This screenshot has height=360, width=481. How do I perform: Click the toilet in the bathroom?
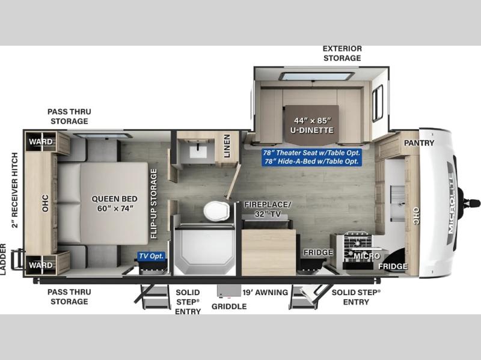click(x=216, y=211)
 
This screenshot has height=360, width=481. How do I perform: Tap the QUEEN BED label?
click(x=114, y=199)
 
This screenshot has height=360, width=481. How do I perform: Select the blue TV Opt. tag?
click(x=152, y=256)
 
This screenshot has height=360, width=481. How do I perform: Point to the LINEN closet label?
click(x=227, y=146)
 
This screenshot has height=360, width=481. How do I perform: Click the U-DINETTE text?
click(x=312, y=130)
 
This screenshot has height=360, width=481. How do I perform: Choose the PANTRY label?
click(x=419, y=143)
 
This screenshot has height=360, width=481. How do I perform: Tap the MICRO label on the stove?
click(x=367, y=256)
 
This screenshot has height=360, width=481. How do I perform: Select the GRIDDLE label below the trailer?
click(x=229, y=307)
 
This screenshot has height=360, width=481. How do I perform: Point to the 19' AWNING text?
click(x=265, y=293)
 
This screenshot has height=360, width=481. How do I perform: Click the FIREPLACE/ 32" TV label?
click(x=268, y=209)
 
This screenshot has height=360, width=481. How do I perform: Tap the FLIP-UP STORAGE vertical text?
click(x=154, y=204)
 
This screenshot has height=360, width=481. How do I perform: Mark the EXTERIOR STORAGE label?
click(x=342, y=53)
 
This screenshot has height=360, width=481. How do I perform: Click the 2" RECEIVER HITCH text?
click(x=14, y=190)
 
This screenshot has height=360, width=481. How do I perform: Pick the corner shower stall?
click(x=204, y=251)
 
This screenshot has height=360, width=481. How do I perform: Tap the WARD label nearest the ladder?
click(x=41, y=265)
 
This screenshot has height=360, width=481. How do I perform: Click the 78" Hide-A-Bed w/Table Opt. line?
click(x=311, y=161)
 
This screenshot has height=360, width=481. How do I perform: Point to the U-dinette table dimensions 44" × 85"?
click(x=313, y=121)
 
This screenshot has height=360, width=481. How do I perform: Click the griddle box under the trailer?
click(x=228, y=291)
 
